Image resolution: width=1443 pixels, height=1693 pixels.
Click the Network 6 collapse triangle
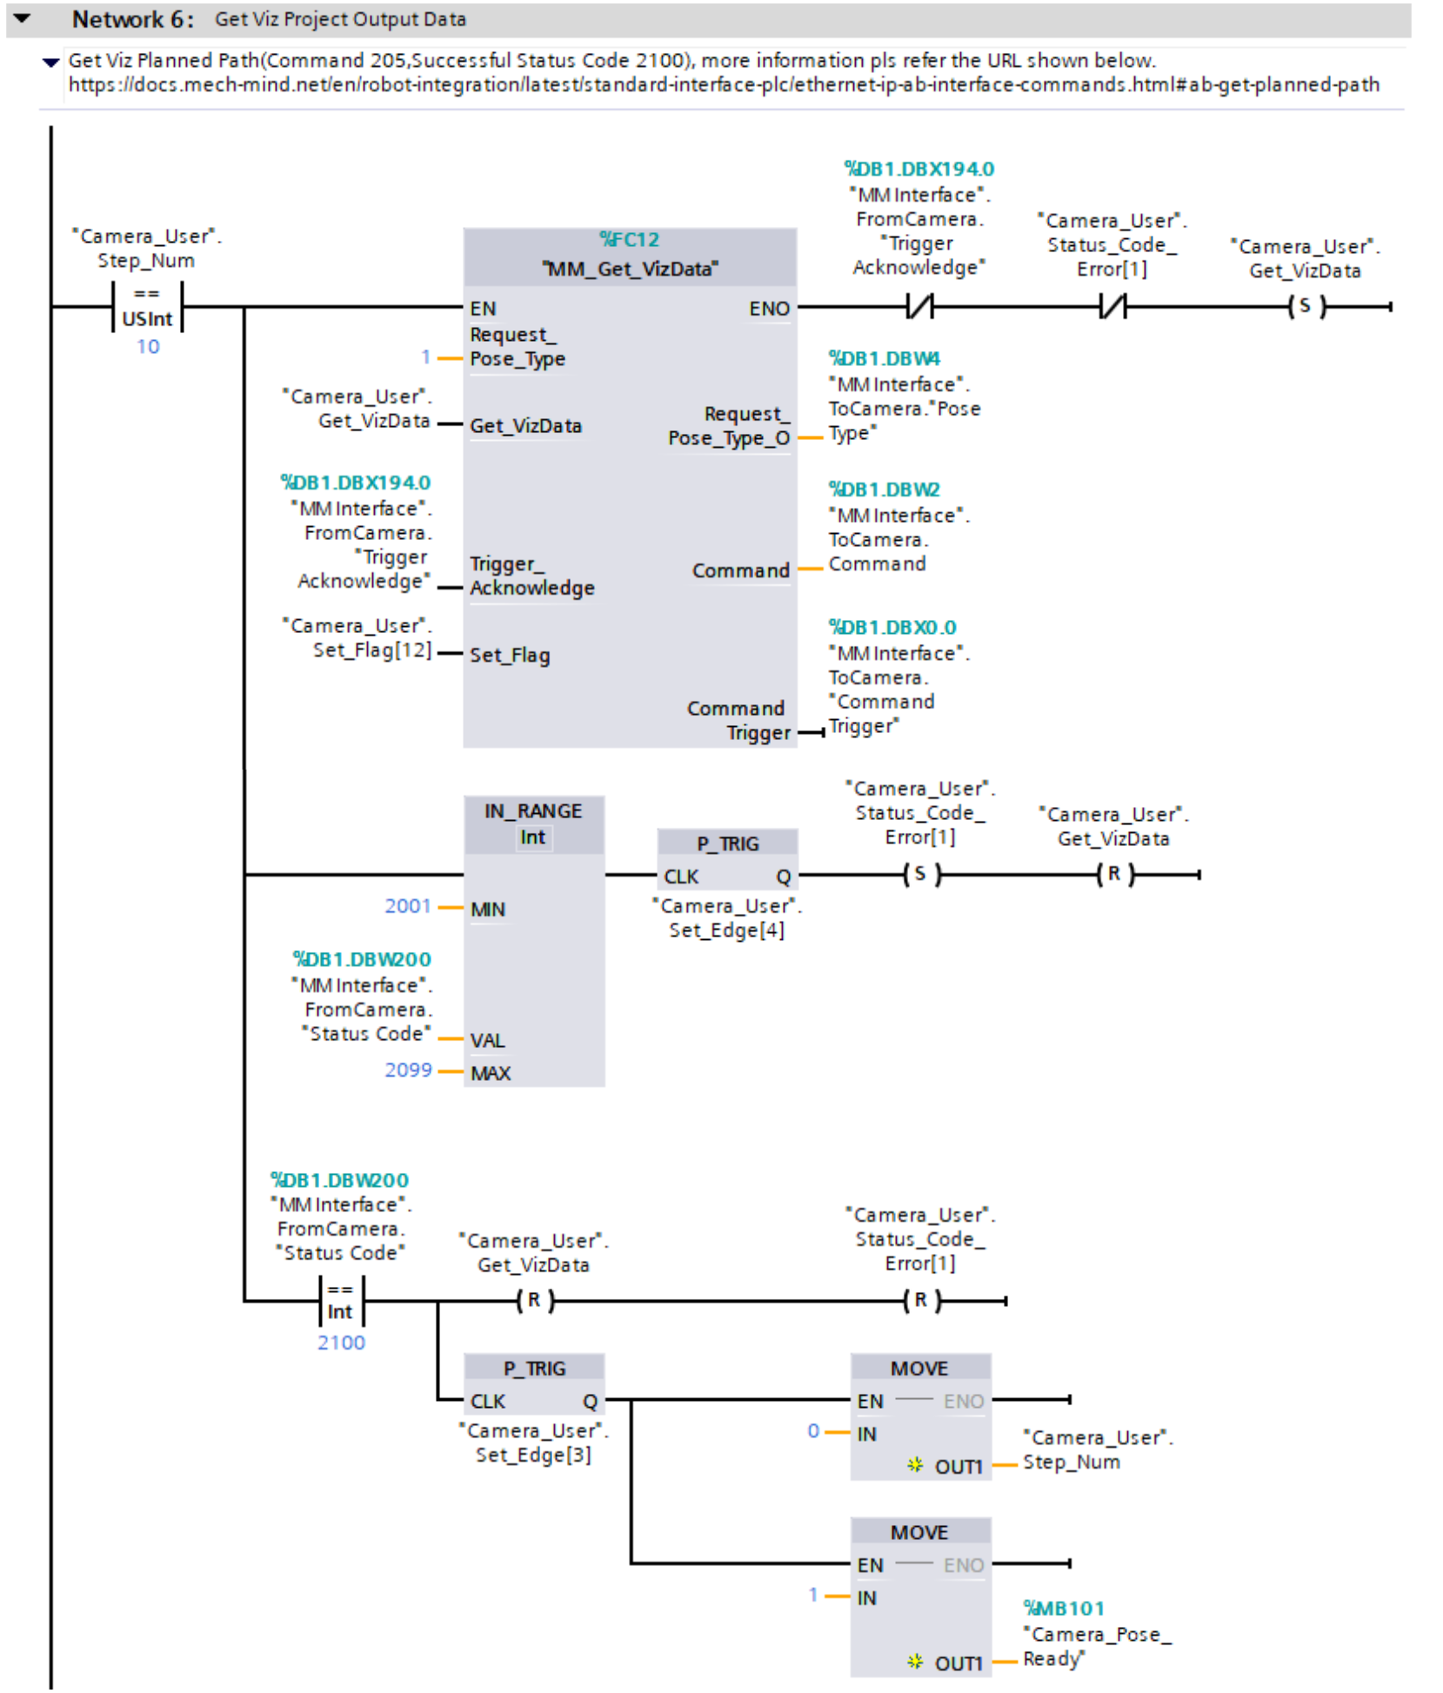coord(23,18)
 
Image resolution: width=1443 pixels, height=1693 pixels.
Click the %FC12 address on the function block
coord(629,240)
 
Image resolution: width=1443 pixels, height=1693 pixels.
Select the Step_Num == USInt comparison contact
coord(147,307)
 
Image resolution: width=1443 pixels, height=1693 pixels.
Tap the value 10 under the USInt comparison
coord(148,347)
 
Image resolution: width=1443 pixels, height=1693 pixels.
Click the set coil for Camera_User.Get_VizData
coord(1305,307)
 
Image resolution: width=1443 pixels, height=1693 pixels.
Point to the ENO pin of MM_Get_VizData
coord(769,309)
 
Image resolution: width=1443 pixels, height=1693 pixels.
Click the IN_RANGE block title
coord(533,811)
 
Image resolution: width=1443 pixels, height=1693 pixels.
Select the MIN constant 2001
coord(408,906)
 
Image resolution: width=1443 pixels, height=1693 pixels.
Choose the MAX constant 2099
coord(408,1070)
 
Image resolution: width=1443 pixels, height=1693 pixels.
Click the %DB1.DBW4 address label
coord(885,359)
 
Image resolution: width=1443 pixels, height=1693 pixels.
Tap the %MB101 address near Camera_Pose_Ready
coord(1064,1609)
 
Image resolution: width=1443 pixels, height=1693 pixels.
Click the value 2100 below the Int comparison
coord(341,1343)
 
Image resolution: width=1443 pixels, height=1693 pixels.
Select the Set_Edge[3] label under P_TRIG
coord(533,1456)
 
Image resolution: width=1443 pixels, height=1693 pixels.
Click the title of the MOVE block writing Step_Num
coord(919,1369)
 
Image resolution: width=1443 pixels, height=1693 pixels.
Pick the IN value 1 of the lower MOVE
coord(813,1595)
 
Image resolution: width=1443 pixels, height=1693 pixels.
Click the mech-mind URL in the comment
coord(724,85)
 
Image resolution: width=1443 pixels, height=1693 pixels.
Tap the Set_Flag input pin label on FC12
coord(510,656)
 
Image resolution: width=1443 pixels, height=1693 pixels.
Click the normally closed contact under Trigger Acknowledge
coord(920,307)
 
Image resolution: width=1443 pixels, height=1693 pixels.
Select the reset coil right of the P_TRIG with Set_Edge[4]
coord(1113,874)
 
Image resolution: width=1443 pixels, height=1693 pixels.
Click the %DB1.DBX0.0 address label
coord(892,628)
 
